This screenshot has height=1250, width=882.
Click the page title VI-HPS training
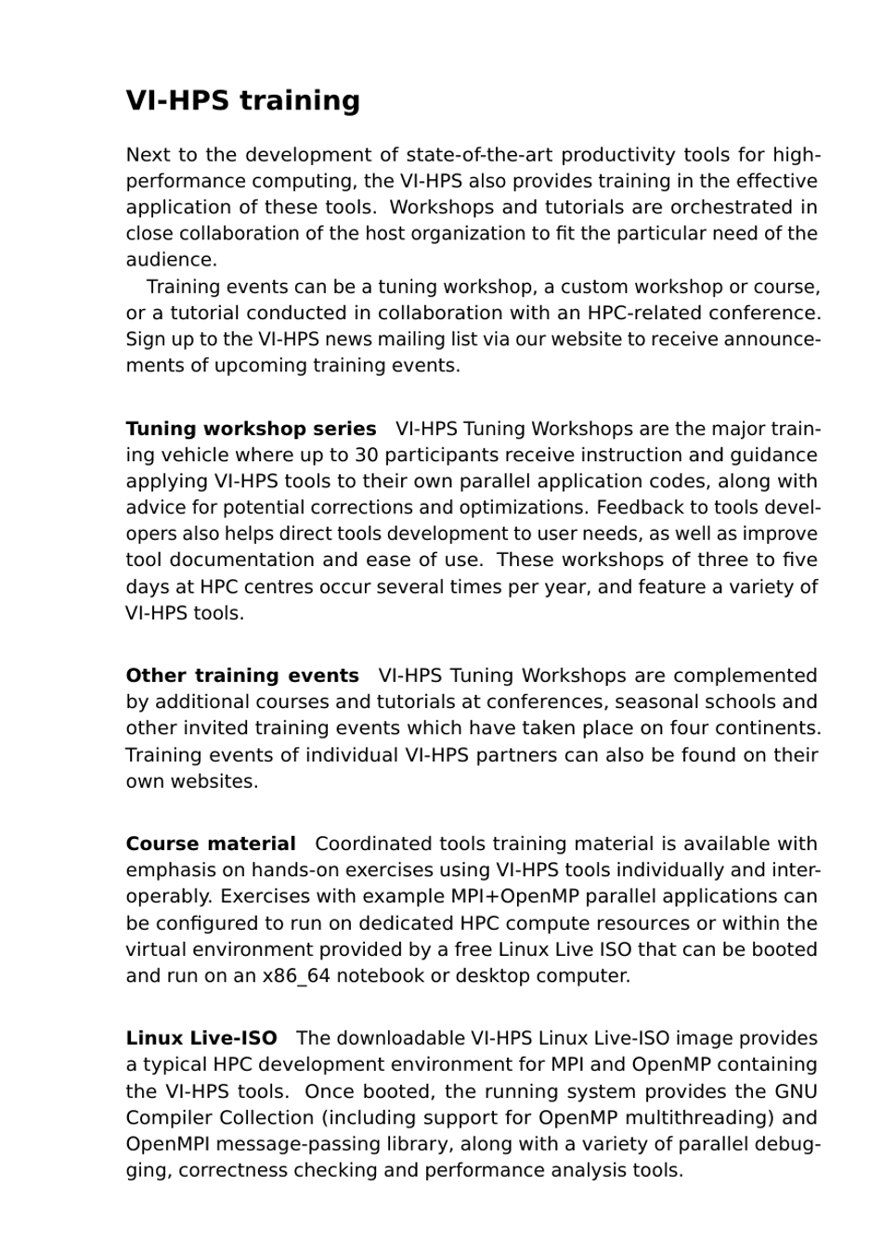click(x=242, y=101)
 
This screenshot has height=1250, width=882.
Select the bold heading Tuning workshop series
click(x=251, y=429)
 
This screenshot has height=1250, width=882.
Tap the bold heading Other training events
click(x=242, y=676)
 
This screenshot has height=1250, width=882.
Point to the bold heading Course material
click(x=211, y=844)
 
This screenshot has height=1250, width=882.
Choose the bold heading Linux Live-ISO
click(x=201, y=1038)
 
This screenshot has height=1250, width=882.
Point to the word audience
click(x=170, y=260)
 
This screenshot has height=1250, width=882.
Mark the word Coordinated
click(x=373, y=844)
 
